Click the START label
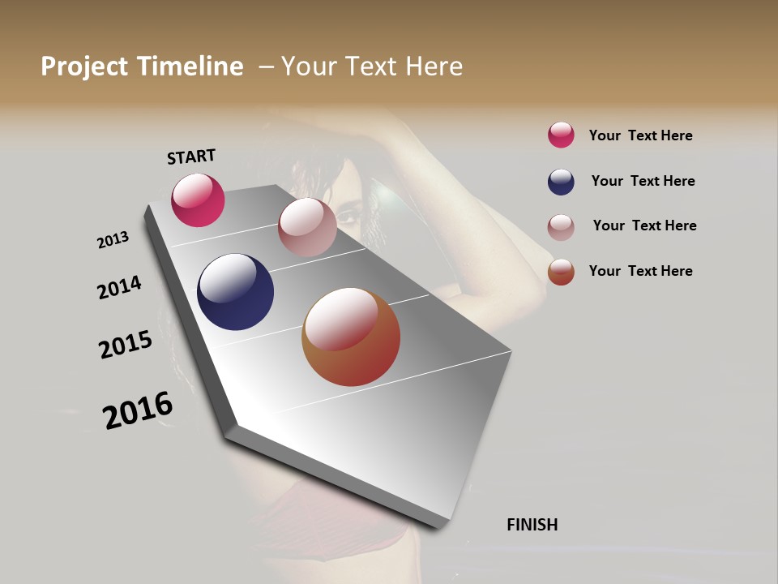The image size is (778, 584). pos(191,157)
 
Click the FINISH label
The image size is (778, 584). pos(532,525)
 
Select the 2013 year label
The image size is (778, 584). pos(113,240)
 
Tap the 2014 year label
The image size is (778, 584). pos(119,288)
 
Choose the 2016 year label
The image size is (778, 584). pos(138,410)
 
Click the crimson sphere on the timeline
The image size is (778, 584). pos(198,200)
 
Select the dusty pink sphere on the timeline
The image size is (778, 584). pos(307,227)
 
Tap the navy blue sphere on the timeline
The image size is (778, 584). pos(235,292)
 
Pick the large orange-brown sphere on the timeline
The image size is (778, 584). pos(351,337)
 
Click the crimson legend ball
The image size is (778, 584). pos(561,135)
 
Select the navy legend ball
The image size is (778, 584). pos(561,182)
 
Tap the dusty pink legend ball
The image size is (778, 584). pos(561,226)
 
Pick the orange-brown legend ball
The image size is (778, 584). pos(561,272)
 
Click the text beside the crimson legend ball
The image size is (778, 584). pos(640,135)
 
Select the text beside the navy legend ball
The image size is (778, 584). pos(643,181)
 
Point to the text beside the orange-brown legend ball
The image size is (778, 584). pos(640,271)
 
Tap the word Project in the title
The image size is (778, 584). pos(85,67)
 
